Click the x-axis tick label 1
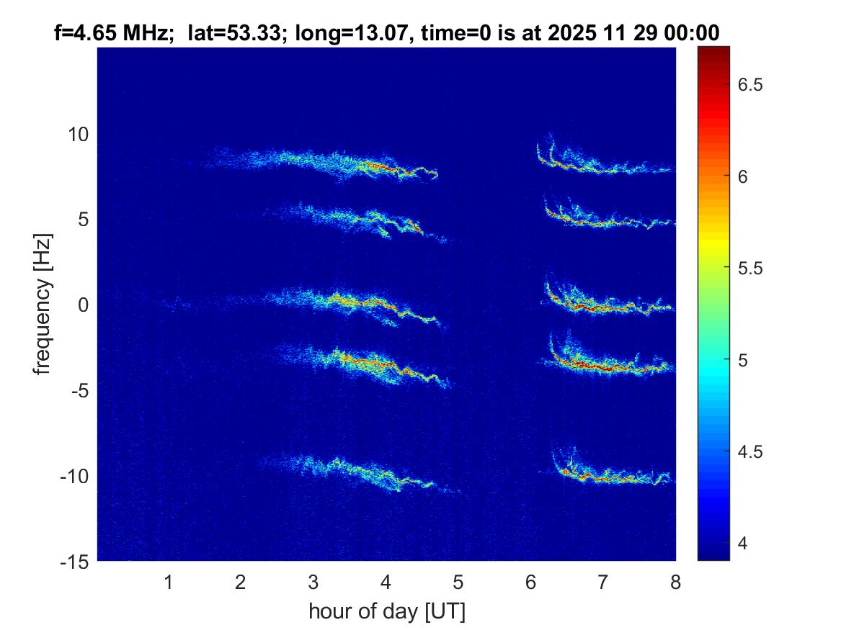click(169, 582)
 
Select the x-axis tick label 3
click(313, 582)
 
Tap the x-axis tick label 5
click(458, 582)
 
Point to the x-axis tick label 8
click(675, 582)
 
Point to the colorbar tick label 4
click(744, 543)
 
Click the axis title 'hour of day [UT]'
click(386, 611)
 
